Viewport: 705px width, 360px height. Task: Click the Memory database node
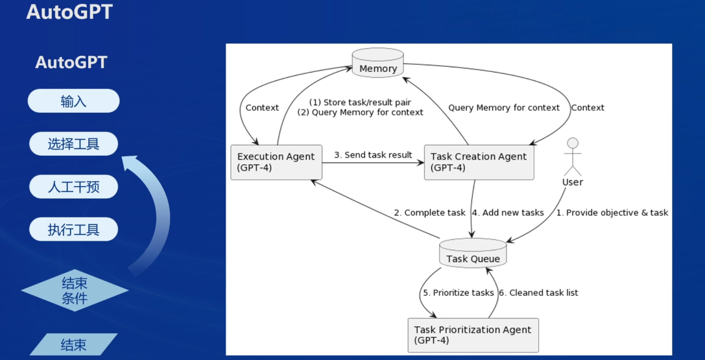point(377,64)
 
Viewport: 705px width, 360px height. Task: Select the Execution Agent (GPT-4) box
point(276,162)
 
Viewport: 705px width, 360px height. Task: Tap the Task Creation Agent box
point(479,162)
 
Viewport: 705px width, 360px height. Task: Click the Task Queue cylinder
point(473,254)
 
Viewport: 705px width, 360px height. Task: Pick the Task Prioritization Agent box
point(473,335)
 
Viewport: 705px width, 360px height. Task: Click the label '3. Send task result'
point(373,155)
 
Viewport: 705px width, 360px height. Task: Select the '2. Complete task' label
point(429,213)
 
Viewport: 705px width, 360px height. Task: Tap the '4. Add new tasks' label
point(508,213)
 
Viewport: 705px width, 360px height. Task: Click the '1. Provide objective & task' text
point(612,213)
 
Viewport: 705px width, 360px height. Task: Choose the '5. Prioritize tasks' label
point(458,293)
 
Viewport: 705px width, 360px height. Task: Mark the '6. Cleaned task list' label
point(538,293)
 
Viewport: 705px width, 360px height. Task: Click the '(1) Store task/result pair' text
point(359,102)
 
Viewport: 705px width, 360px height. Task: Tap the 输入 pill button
point(73,101)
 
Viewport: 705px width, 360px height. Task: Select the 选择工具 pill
point(73,144)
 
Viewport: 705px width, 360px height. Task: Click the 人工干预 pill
point(73,187)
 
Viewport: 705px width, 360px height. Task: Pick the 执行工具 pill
point(73,230)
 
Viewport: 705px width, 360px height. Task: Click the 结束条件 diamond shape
point(75,291)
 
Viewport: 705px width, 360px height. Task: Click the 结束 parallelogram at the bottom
point(73,344)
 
